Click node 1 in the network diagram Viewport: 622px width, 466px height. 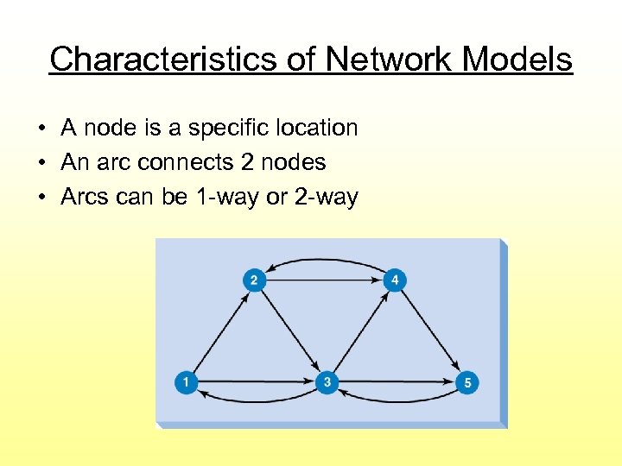coord(186,381)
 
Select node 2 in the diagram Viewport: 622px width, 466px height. coord(254,280)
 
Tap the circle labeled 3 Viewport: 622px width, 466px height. coord(327,381)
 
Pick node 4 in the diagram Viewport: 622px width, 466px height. coord(395,280)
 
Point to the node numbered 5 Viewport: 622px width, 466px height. coord(466,381)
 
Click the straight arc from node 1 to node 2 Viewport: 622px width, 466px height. coord(219,331)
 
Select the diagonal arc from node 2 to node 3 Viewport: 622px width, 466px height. coord(290,331)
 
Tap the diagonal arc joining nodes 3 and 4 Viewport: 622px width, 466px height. coord(361,331)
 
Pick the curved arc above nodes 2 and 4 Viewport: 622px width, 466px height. coord(325,257)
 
